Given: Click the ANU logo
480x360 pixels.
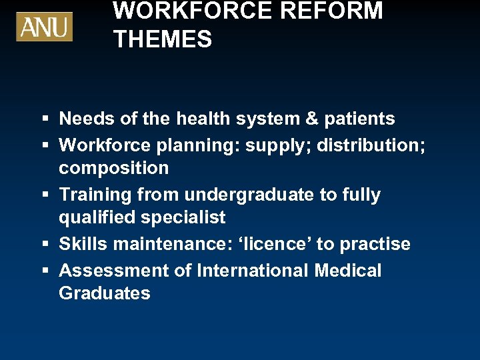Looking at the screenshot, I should (45, 27).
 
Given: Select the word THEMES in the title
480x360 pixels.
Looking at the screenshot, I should (163, 39).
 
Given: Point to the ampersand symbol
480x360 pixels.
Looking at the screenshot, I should (311, 119).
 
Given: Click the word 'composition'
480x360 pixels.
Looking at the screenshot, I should (114, 168).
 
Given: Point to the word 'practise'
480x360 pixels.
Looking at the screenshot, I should (375, 244).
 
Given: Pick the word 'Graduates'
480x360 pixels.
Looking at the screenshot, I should (105, 293).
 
